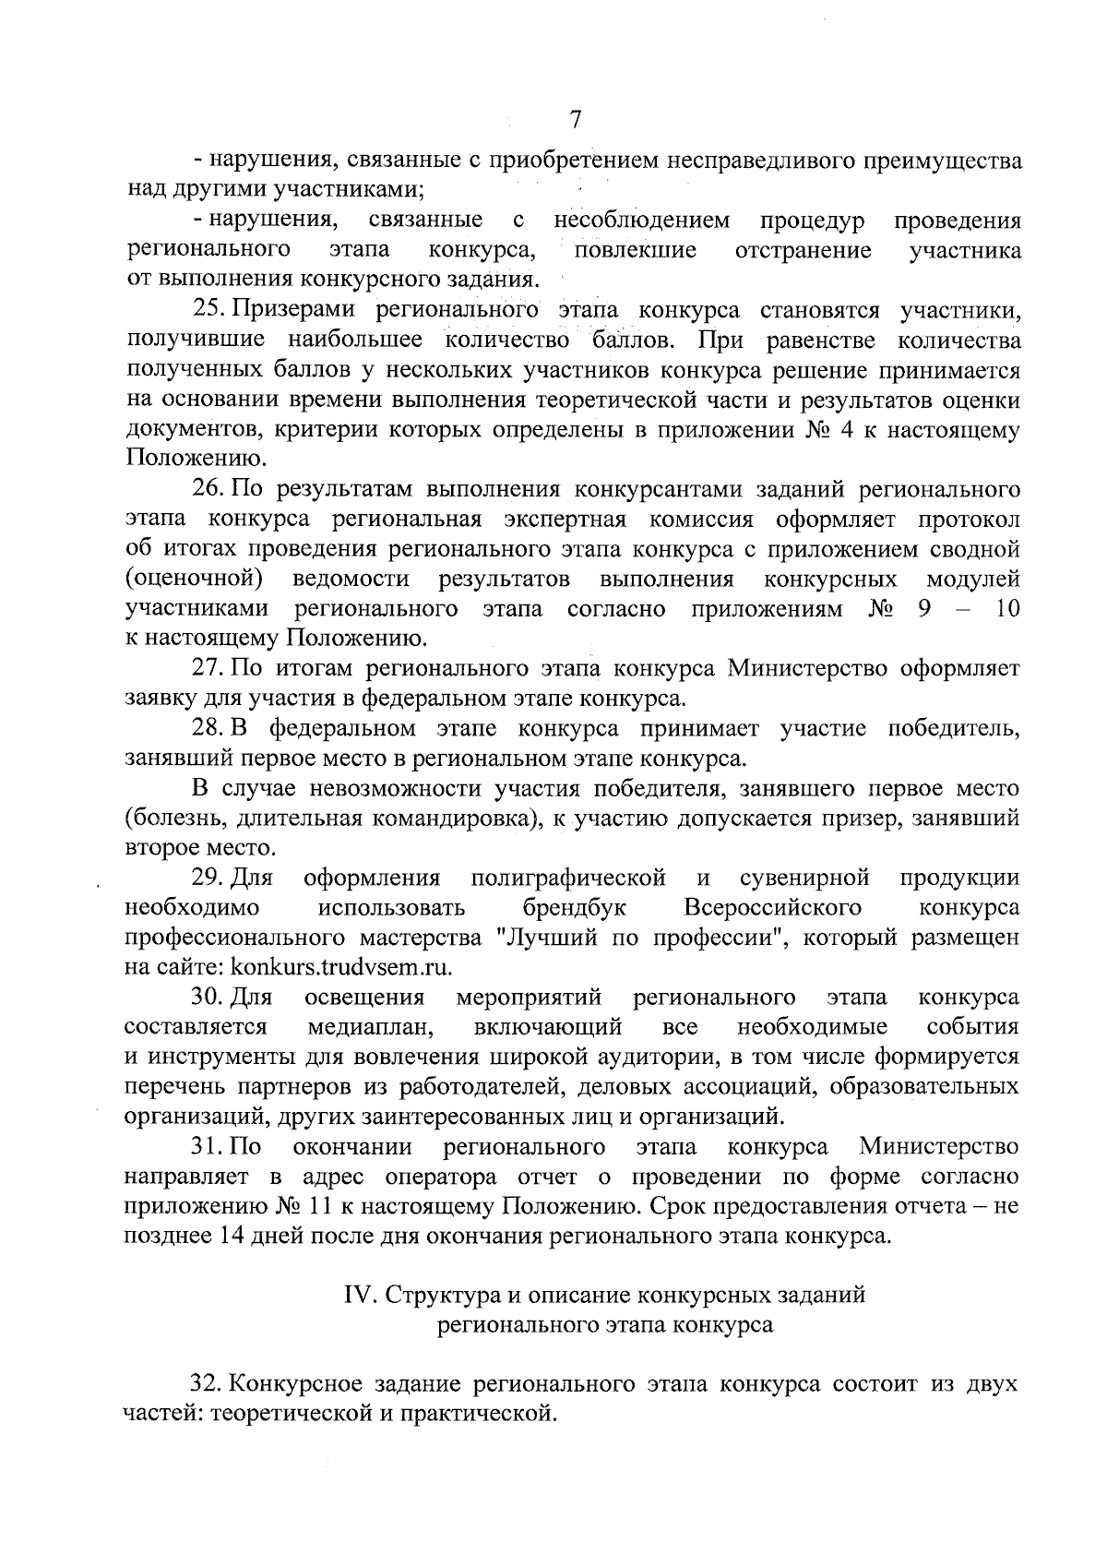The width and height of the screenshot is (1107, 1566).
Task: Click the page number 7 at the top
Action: pyautogui.click(x=576, y=120)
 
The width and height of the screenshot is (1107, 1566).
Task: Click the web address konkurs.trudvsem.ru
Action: pyautogui.click(x=341, y=967)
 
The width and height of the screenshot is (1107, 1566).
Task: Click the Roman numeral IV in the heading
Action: pyautogui.click(x=356, y=1296)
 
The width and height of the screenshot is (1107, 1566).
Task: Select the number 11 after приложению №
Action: pyautogui.click(x=315, y=1207)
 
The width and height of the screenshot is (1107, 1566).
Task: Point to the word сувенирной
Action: pyautogui.click(x=805, y=878)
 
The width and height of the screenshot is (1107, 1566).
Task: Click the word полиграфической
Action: pyautogui.click(x=568, y=878)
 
